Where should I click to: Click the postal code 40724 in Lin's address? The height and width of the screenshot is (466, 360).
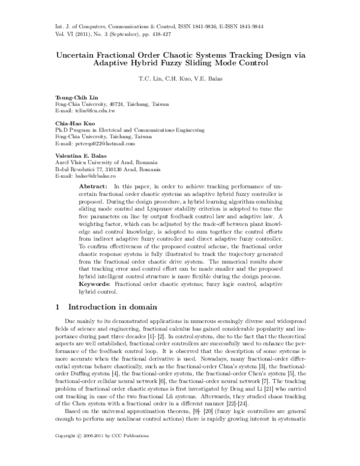119,104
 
